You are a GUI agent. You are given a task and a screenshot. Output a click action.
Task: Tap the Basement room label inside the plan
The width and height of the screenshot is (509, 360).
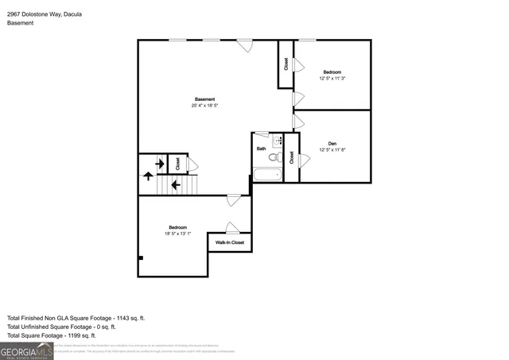(x=204, y=99)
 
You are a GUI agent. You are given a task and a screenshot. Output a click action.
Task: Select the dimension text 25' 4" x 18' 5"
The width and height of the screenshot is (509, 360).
(x=204, y=106)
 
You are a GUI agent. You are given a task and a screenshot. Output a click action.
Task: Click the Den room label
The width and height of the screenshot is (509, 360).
(x=332, y=144)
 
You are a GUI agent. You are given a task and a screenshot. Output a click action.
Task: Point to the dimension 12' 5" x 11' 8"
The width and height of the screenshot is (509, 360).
(x=332, y=150)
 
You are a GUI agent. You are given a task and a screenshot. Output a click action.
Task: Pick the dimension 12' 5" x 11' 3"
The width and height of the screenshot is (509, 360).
(x=332, y=78)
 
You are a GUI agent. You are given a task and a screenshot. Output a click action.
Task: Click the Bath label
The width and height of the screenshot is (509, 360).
(x=261, y=149)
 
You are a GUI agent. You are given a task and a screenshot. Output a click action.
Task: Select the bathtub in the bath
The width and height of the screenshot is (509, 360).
(x=266, y=176)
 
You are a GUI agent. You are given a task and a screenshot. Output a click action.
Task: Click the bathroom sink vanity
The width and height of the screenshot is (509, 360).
(x=278, y=142)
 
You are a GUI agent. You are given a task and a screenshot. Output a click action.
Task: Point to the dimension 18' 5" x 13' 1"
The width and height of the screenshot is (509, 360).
(x=177, y=233)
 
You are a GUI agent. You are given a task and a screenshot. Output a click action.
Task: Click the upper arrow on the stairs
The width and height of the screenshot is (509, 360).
(x=160, y=165)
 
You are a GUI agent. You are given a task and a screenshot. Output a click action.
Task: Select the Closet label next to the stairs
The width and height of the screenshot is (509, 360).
(x=177, y=163)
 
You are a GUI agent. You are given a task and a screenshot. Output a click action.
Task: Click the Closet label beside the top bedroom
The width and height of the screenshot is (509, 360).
(x=286, y=64)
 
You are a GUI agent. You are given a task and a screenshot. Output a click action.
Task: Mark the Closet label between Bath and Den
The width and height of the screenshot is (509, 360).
(x=291, y=157)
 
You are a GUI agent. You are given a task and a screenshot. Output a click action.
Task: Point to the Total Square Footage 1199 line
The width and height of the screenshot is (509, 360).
(x=59, y=335)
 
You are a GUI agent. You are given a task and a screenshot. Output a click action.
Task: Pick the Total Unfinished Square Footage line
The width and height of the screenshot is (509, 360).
(x=62, y=327)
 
